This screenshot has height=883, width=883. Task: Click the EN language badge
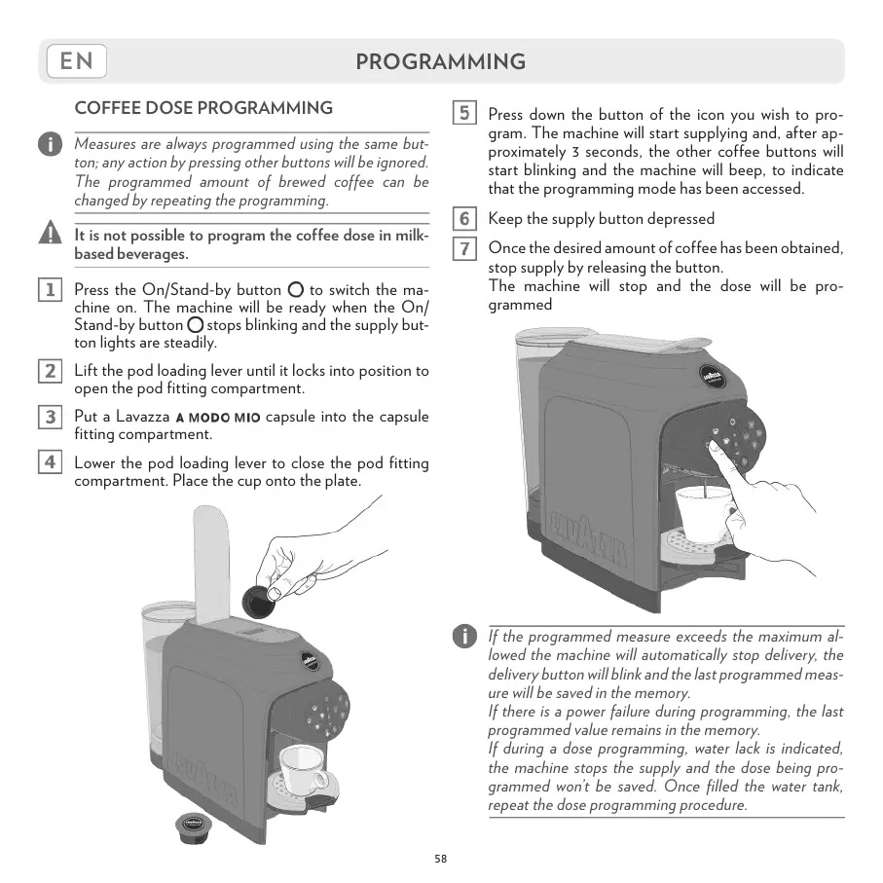point(76,61)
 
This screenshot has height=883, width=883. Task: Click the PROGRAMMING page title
point(440,62)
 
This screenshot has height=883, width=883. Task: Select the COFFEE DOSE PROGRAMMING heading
point(203,108)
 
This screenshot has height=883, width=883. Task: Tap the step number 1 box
point(49,289)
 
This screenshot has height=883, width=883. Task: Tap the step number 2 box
point(49,371)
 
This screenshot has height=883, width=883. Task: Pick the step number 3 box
point(49,418)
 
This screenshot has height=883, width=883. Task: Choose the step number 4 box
point(49,462)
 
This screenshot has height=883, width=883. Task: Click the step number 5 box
point(464,113)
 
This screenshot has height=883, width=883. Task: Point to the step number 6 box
point(464,219)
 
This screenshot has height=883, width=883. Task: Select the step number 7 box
point(464,248)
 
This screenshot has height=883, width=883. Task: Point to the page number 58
point(441,858)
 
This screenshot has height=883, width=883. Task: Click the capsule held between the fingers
point(260,600)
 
